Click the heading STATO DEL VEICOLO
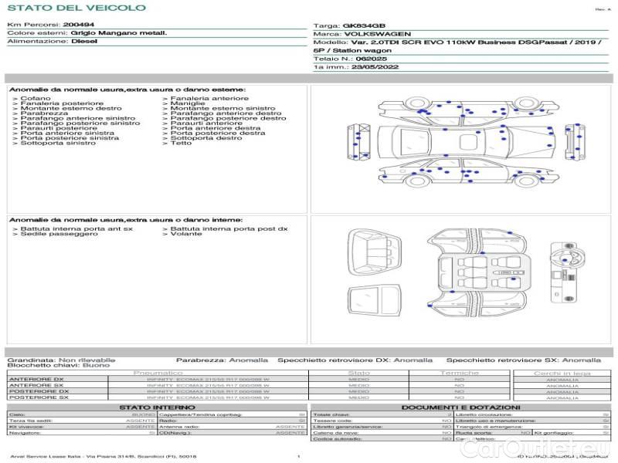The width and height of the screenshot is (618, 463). [76, 8]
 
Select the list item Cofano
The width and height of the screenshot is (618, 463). [36, 99]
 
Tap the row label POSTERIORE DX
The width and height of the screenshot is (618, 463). [38, 391]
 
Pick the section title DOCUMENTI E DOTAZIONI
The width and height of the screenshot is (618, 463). [460, 407]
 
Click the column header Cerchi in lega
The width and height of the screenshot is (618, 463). [562, 373]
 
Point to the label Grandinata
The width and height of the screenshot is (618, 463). [30, 360]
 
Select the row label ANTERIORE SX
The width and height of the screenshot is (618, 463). [36, 385]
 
